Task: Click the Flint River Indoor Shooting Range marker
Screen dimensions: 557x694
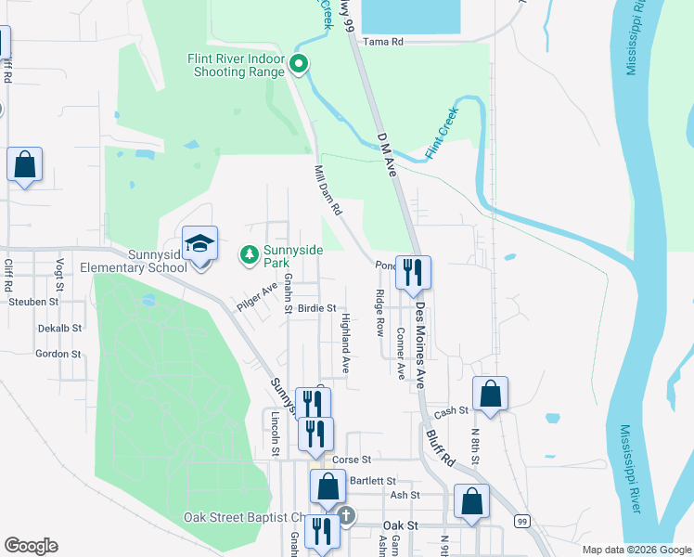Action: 299,64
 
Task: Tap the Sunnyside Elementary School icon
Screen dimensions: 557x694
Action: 199,244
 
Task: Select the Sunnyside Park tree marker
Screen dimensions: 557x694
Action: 249,253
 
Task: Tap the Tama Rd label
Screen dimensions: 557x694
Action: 383,42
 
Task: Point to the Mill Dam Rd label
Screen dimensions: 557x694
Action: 328,192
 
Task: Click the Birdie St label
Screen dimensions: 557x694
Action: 316,308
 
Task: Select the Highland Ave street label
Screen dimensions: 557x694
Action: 345,343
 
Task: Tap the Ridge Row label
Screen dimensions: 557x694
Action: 379,312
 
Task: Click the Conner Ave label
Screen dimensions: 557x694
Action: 401,353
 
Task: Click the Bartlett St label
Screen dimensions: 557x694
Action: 374,481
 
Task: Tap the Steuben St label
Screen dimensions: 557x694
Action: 33,302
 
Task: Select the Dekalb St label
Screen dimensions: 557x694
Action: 60,328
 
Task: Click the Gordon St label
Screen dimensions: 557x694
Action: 58,354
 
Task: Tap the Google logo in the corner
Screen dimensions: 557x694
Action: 31,546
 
